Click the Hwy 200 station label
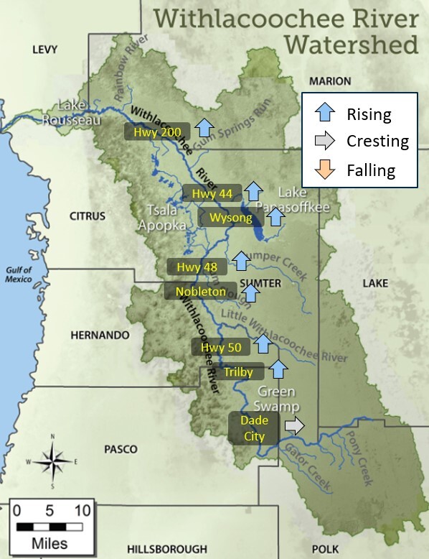click(157, 131)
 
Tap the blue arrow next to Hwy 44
click(253, 191)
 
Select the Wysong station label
click(225, 218)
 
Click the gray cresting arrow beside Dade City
click(294, 426)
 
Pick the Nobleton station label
click(200, 291)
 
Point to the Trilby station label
click(238, 372)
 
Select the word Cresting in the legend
click(377, 142)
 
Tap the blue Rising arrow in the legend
click(326, 114)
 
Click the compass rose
click(54, 461)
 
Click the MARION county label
click(331, 81)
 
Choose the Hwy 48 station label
click(197, 267)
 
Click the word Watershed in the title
click(351, 45)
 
